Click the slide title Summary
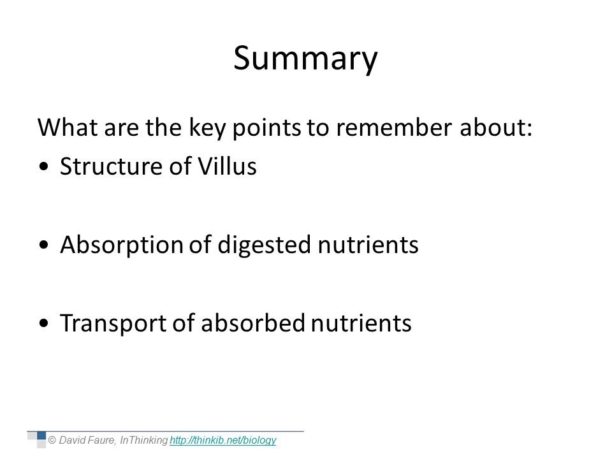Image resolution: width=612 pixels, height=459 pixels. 305,59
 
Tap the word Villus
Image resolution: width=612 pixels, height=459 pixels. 227,166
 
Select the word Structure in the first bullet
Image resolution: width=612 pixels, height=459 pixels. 112,166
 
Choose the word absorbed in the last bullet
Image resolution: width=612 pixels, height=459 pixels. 253,323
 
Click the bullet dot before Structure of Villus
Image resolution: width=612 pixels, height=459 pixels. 44,166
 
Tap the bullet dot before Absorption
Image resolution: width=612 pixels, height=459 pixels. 44,245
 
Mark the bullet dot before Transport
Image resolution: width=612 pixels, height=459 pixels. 44,323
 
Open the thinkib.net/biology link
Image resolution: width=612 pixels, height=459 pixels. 223,441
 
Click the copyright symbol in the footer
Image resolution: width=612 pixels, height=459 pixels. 52,441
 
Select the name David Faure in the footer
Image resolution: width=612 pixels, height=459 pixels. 87,441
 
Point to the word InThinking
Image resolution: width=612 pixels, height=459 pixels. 143,441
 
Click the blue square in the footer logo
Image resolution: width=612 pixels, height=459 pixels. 41,435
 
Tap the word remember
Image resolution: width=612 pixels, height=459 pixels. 394,127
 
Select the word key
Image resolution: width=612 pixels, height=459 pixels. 207,128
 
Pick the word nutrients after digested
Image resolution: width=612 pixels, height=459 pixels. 368,245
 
